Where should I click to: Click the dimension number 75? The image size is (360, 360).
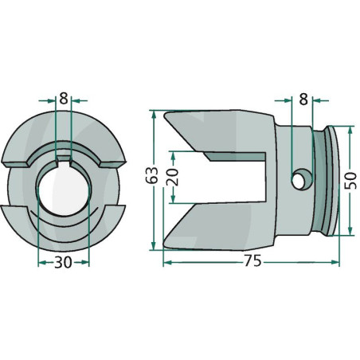(x=252, y=261)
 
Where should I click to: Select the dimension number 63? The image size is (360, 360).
(x=152, y=175)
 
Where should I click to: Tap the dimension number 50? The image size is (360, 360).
(x=350, y=181)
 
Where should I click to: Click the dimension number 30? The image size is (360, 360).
(x=63, y=262)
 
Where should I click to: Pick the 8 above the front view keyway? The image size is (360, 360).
(x=64, y=99)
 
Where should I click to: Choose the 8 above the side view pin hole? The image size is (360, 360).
(x=303, y=100)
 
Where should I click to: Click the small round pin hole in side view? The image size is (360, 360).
(x=299, y=182)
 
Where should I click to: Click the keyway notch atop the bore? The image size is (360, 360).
(x=64, y=159)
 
